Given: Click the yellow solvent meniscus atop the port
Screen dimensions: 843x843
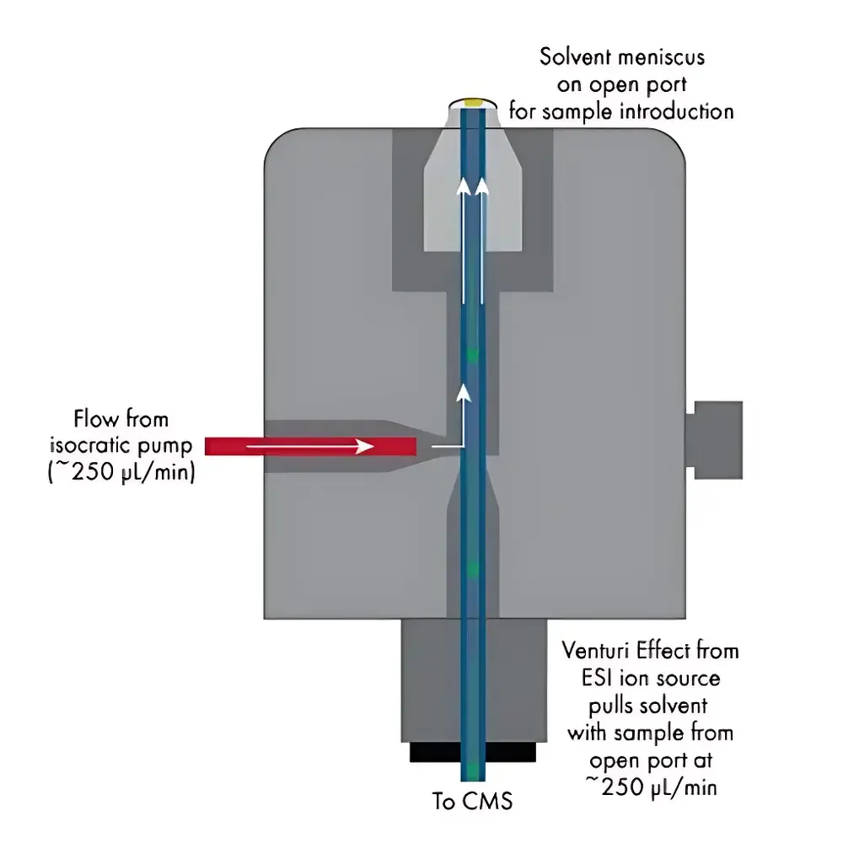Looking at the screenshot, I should pos(474,102).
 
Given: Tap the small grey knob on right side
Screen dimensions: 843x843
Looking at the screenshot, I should pos(716,439).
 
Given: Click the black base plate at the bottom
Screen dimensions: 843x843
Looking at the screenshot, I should pos(474,751).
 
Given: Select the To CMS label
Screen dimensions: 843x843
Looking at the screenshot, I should pos(472,801).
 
